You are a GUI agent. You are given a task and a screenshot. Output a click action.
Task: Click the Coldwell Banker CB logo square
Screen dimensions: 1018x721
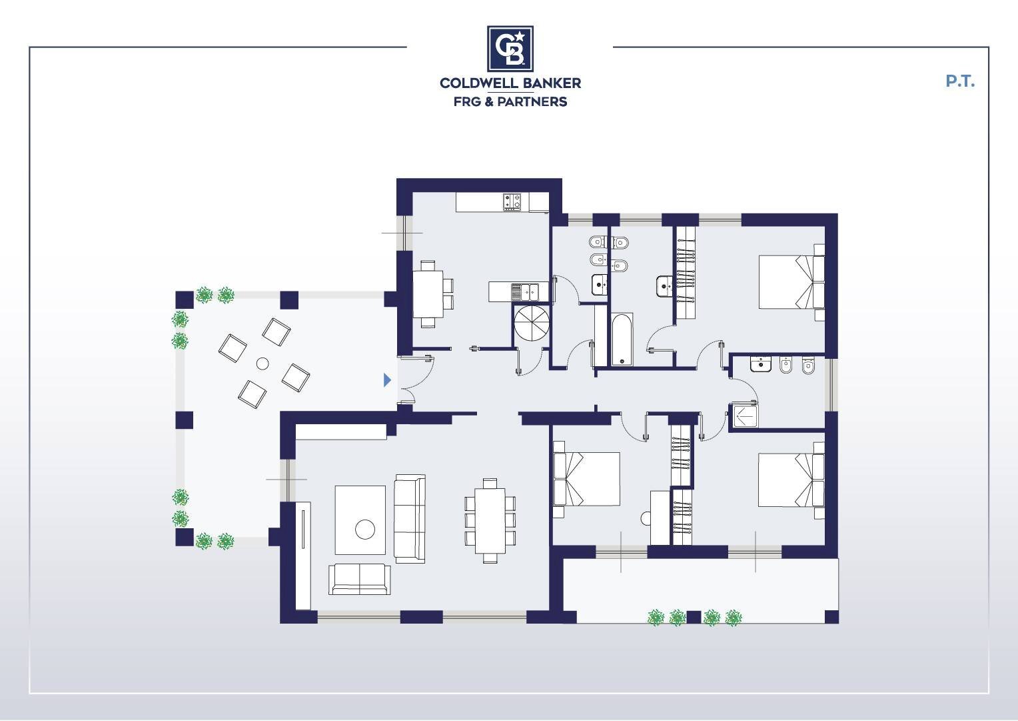(x=510, y=49)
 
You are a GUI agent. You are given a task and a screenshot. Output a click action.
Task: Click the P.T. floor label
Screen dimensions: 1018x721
(x=960, y=81)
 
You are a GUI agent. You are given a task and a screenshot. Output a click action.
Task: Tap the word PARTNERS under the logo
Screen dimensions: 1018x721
(x=532, y=102)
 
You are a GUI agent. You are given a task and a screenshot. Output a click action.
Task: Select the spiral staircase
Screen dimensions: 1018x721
(x=531, y=323)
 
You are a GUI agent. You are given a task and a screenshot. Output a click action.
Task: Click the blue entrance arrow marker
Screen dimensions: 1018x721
(x=387, y=380)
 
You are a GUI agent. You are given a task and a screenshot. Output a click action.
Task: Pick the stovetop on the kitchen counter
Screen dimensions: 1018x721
(x=512, y=202)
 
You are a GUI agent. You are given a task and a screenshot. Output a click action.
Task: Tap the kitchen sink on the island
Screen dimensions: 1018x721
(x=524, y=291)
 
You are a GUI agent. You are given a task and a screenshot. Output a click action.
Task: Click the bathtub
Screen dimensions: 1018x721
(x=622, y=339)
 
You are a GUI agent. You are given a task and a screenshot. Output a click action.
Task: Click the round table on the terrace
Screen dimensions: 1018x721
(x=262, y=364)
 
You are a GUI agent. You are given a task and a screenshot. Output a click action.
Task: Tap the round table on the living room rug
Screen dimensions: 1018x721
(x=365, y=530)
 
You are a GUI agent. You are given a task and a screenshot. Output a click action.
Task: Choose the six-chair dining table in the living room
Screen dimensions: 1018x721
(x=490, y=520)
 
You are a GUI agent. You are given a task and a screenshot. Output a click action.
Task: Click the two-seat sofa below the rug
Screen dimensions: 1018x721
(x=360, y=579)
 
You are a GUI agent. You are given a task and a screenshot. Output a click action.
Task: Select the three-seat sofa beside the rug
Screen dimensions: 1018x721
(x=410, y=519)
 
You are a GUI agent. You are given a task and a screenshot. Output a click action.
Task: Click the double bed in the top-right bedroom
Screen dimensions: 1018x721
(x=792, y=283)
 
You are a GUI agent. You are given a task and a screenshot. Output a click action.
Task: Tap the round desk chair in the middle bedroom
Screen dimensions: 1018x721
(x=646, y=519)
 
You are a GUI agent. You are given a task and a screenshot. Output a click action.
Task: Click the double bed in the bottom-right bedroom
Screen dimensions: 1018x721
(x=791, y=480)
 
